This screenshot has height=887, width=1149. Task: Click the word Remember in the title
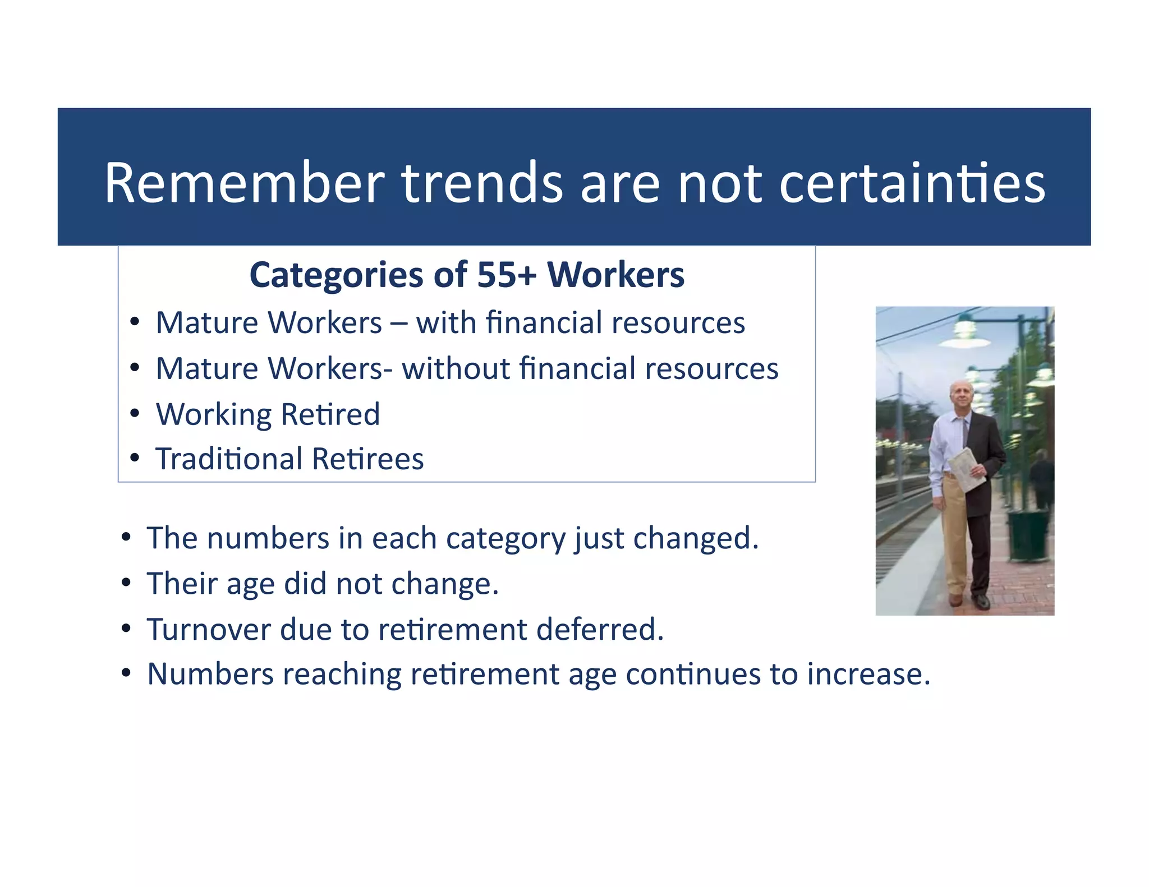(x=244, y=183)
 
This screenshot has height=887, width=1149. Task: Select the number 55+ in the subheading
(x=506, y=275)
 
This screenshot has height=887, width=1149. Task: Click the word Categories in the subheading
(x=335, y=275)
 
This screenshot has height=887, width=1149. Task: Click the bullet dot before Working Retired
(x=134, y=414)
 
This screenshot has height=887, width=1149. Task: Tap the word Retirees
(x=367, y=459)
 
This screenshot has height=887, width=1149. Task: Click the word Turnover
(x=209, y=629)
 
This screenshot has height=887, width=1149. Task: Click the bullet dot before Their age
(x=126, y=583)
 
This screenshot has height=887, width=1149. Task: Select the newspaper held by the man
(x=966, y=468)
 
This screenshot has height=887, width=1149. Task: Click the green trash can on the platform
(x=1028, y=535)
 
